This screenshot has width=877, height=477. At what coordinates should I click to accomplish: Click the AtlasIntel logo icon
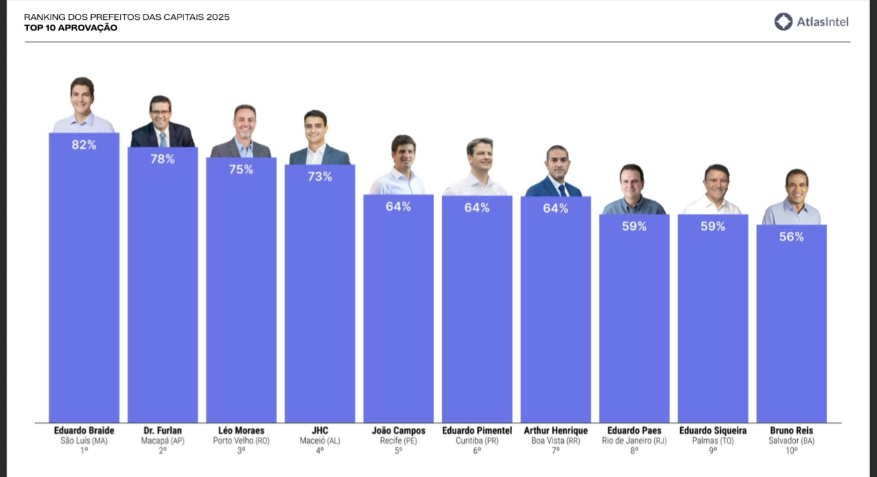click(783, 22)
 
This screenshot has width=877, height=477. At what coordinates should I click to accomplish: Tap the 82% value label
click(84, 145)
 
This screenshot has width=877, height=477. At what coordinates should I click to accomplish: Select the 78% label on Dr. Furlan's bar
click(162, 159)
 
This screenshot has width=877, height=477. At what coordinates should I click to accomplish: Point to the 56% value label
click(791, 237)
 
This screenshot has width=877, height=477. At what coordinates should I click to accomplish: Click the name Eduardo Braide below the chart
click(84, 430)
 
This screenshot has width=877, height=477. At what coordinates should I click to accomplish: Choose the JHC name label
click(320, 430)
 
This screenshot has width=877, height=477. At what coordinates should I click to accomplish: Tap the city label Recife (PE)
click(398, 440)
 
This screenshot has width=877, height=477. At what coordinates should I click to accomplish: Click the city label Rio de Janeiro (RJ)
click(634, 440)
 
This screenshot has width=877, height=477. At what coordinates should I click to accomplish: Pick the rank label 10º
click(791, 450)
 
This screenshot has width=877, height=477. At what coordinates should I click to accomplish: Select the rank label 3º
click(241, 450)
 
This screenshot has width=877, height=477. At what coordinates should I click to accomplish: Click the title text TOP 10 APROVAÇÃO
click(70, 28)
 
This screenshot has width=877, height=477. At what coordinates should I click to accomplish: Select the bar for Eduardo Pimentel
click(477, 312)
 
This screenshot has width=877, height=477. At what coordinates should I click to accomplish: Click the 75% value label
click(241, 169)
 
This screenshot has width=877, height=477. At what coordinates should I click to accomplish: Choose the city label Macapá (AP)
click(162, 440)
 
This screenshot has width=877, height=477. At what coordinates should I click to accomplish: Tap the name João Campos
click(398, 430)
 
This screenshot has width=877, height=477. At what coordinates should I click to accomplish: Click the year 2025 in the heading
click(217, 17)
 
